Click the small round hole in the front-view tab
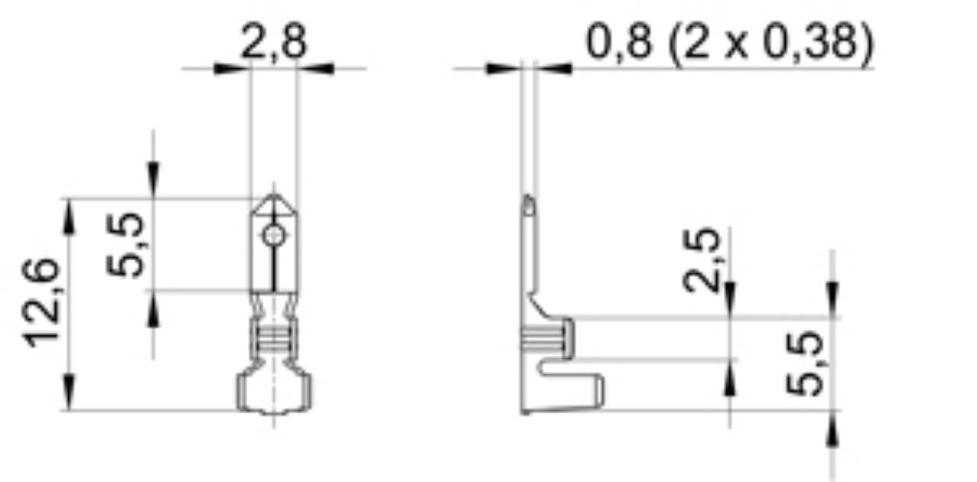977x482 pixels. click(273, 236)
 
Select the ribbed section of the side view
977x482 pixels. click(546, 336)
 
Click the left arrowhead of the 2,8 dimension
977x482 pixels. click(232, 69)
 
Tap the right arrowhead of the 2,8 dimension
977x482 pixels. click(315, 69)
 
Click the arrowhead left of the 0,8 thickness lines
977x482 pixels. click(503, 69)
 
